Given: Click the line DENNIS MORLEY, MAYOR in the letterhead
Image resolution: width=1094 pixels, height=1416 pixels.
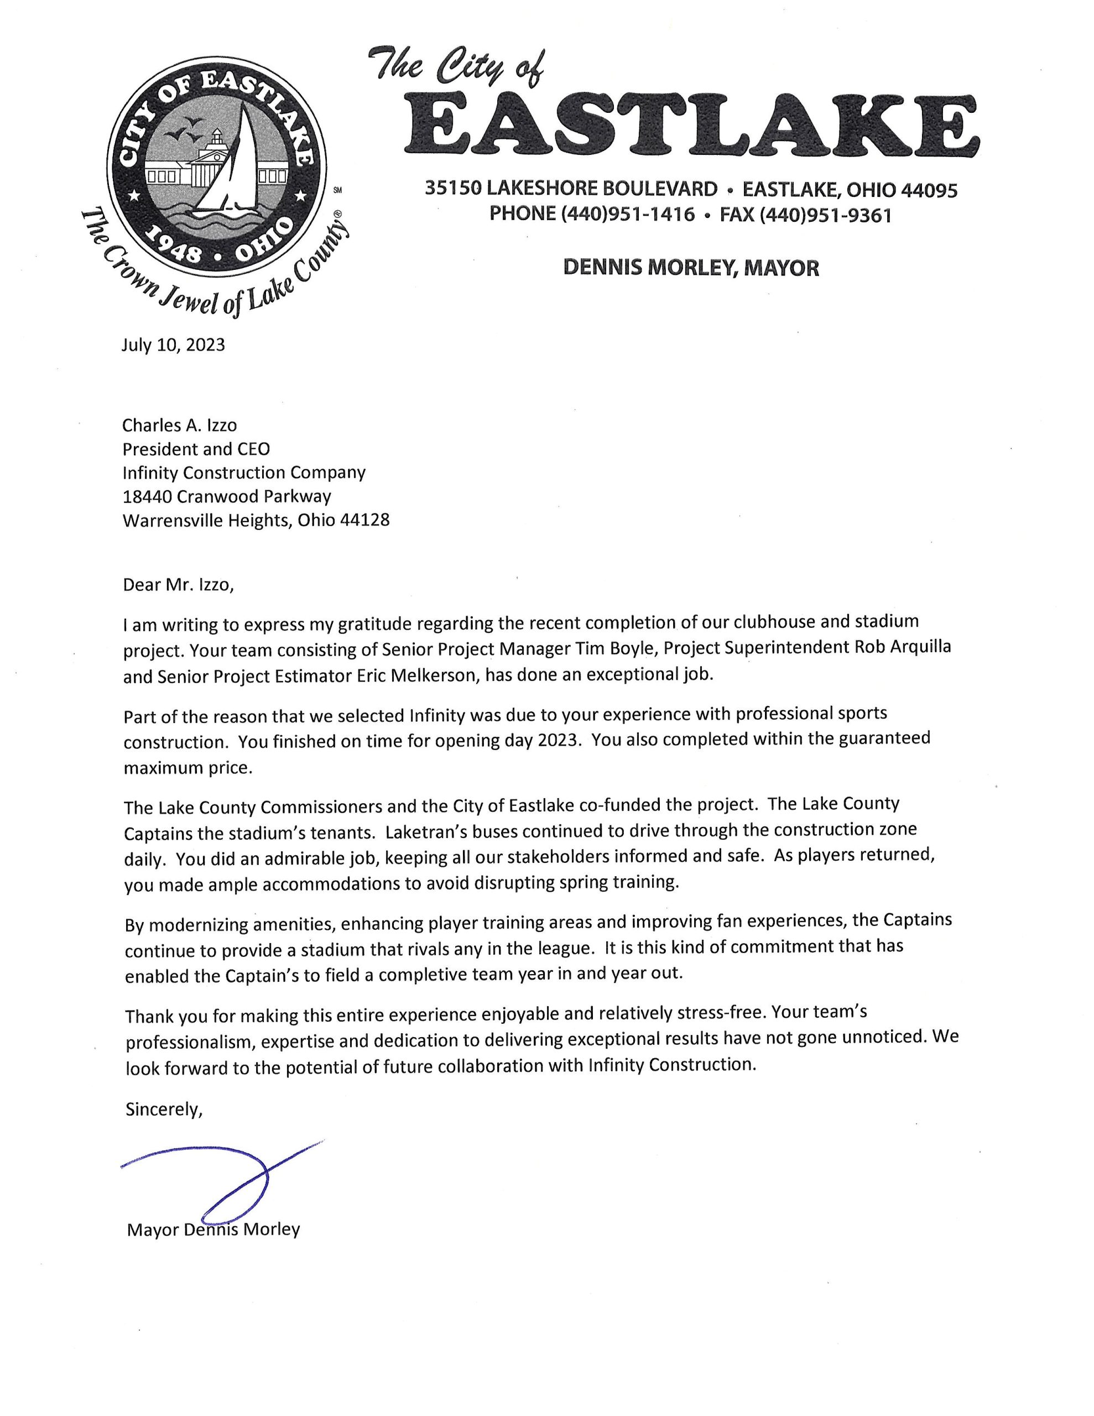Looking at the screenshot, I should pyautogui.click(x=691, y=268).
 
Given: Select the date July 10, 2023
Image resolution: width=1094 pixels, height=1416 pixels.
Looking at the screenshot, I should pyautogui.click(x=173, y=345).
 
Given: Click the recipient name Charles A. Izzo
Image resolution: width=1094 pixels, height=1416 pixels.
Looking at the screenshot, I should pyautogui.click(x=180, y=425).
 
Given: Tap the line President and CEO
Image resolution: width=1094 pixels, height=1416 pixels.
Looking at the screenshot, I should pyautogui.click(x=196, y=449).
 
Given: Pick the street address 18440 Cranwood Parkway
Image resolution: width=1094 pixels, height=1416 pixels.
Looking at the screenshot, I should pyautogui.click(x=226, y=497).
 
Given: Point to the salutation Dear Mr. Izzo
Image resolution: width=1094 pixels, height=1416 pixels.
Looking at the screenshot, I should pyautogui.click(x=177, y=585).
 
